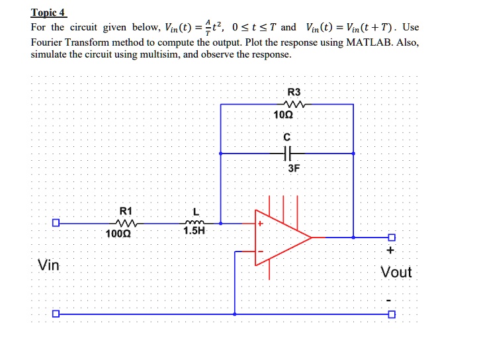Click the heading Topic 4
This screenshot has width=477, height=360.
(x=48, y=13)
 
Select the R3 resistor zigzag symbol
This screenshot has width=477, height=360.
(x=292, y=104)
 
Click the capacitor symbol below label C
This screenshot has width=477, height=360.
(x=286, y=154)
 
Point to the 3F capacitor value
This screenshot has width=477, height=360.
(x=294, y=169)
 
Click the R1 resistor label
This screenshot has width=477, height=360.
(x=124, y=210)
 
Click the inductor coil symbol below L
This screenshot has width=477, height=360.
(x=196, y=223)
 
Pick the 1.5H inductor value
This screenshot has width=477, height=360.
(x=194, y=232)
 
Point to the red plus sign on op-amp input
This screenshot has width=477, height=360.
(x=261, y=224)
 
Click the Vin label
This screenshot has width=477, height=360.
(x=48, y=265)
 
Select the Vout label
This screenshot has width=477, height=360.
(x=396, y=272)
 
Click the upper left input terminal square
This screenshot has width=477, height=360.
(x=57, y=223)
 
